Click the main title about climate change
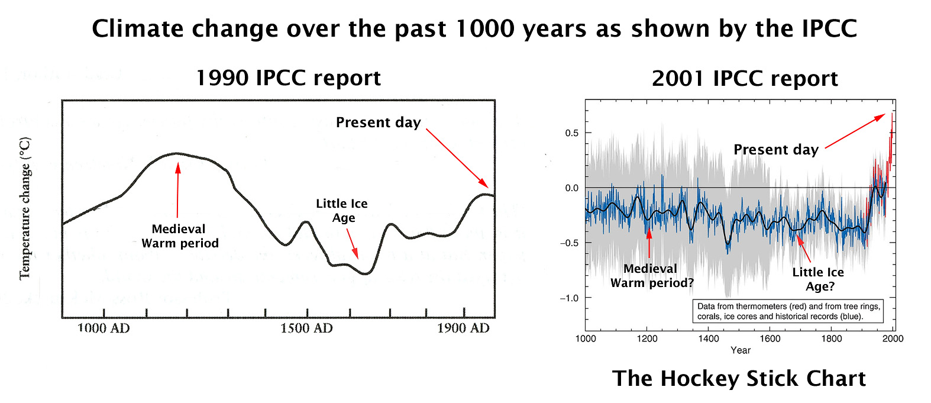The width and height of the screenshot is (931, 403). pos(474,29)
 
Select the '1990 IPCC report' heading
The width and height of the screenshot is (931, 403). pos(288,78)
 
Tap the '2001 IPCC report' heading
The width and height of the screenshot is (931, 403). pos(745,79)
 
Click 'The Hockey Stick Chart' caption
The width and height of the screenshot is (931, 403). pos(739,379)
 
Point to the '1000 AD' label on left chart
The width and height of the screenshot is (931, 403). pos(104,328)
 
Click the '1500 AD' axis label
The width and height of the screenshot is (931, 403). pos(306,328)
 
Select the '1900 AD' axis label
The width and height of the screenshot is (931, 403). pos(463,328)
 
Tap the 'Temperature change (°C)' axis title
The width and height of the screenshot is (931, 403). pos(25,208)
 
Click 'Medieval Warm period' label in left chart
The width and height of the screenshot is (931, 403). pos(180,236)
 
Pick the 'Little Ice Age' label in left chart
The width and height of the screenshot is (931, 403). pos(342,211)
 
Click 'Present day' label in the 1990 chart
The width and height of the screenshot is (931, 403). pos(378,122)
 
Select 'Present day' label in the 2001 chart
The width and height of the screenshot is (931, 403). pos(776,150)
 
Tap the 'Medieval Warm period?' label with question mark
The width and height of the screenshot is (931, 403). pos(652,276)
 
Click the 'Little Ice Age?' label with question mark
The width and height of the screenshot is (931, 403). pos(819,279)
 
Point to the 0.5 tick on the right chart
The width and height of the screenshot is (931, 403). pos(571,133)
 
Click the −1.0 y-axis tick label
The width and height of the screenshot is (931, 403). pos(569,298)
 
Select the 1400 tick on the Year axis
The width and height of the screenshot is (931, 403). pos(709,338)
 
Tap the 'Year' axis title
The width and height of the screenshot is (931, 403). pos(741,350)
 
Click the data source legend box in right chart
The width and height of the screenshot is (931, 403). pos(788,311)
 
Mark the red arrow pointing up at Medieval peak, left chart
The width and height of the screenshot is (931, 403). pos(177,189)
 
